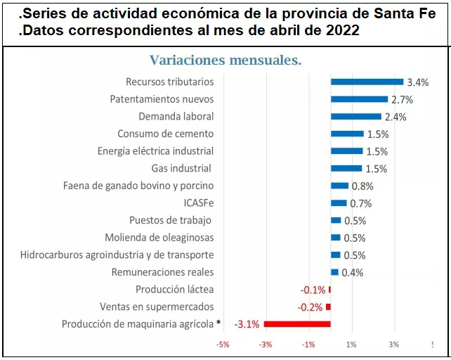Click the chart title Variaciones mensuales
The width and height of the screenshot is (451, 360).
pos(225,60)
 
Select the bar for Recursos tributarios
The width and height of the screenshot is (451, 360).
pos(367,82)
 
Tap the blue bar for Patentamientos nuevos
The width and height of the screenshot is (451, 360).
pos(359,99)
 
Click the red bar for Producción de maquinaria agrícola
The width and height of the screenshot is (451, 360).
pos(297,324)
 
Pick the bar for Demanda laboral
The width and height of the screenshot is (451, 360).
pos(355,117)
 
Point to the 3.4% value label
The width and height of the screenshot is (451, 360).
pos(417,82)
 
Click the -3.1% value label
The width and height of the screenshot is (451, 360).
pos(247,324)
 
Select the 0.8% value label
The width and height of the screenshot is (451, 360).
pos(362,186)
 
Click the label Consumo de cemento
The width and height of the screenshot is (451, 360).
pos(165,134)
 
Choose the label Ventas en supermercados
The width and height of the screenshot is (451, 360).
pos(157,307)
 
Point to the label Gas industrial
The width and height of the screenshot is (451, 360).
pos(182,169)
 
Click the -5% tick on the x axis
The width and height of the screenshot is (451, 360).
pos(223,345)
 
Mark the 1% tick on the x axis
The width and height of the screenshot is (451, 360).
pos(351,345)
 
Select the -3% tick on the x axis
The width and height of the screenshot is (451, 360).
pos(266,345)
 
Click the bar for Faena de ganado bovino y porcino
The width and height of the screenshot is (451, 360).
pos(339,186)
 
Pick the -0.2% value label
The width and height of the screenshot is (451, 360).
pos(311,307)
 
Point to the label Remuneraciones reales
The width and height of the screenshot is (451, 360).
pos(162,272)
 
